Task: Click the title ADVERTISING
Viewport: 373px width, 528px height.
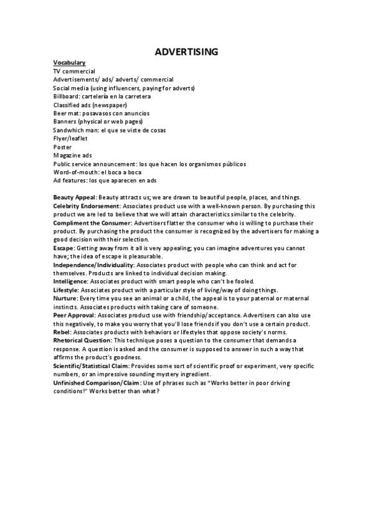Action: click(186, 52)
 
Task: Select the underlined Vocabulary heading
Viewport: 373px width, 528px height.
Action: click(69, 63)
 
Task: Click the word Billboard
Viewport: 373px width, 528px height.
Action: click(66, 97)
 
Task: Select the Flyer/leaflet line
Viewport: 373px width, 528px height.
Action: click(70, 138)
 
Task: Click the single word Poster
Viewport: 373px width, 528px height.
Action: click(62, 147)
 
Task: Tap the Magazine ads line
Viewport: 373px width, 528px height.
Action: click(73, 155)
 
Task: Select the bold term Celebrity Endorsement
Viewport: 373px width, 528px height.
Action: click(87, 205)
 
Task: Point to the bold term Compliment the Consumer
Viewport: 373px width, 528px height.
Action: click(92, 222)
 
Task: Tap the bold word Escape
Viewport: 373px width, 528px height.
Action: click(64, 248)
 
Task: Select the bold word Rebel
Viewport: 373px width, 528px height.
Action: click(62, 332)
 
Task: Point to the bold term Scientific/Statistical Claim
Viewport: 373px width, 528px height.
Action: click(92, 365)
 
